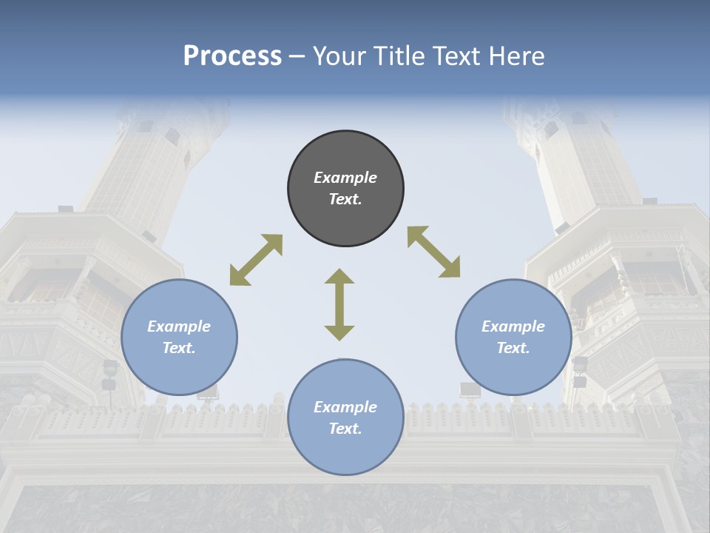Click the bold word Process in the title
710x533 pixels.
tap(232, 56)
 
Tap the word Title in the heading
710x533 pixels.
tap(396, 56)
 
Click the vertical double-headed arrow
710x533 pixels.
tap(339, 305)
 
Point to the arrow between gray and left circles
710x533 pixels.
tap(256, 260)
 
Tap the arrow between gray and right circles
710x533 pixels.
tap(433, 252)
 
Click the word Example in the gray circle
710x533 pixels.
tap(345, 178)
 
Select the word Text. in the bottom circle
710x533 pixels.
tap(345, 429)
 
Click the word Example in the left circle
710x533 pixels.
tap(179, 326)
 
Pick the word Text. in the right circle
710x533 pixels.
tap(513, 348)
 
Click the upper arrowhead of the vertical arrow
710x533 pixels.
tap(339, 276)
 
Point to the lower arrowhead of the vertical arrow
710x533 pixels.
tap(339, 332)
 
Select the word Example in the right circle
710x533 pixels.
tap(513, 326)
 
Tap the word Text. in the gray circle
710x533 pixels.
tap(345, 199)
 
